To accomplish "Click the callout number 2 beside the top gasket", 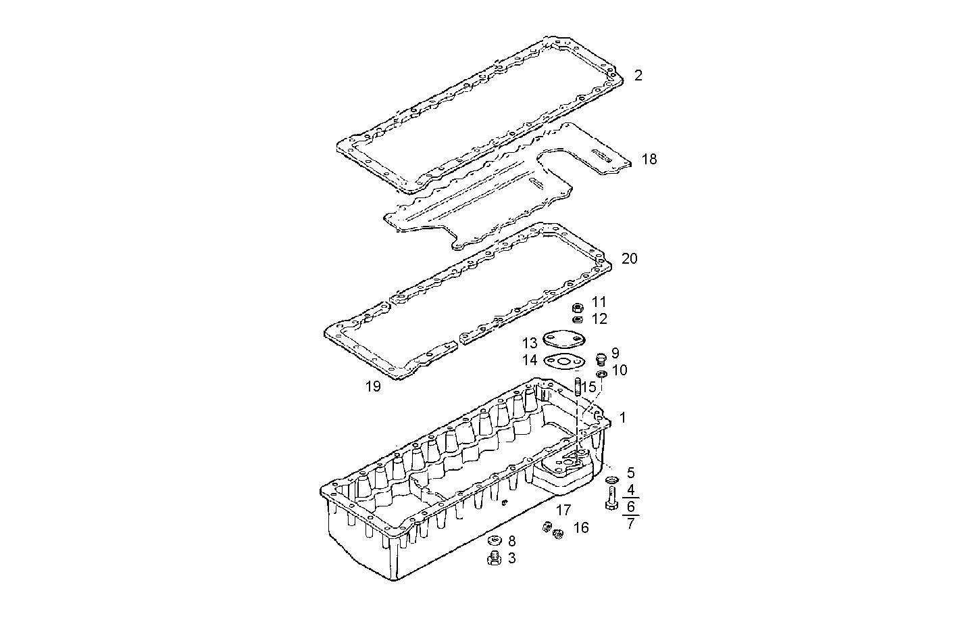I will (x=638, y=75).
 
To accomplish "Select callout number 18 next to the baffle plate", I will (x=649, y=160).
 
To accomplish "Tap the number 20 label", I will (x=629, y=259).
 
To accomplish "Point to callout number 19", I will (x=372, y=387).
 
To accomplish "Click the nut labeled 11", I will (x=578, y=308).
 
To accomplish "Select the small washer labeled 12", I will (x=578, y=319).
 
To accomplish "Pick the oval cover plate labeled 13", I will (x=567, y=338).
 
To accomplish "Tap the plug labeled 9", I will (x=600, y=358).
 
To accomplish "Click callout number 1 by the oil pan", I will (x=622, y=418).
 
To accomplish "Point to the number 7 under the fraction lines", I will (x=630, y=523).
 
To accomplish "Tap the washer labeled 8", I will (x=495, y=540).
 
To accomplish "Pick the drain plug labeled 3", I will (x=494, y=558).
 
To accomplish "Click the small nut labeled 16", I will (x=558, y=534).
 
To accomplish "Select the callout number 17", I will (x=563, y=511).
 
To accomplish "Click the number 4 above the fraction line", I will (x=630, y=489).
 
